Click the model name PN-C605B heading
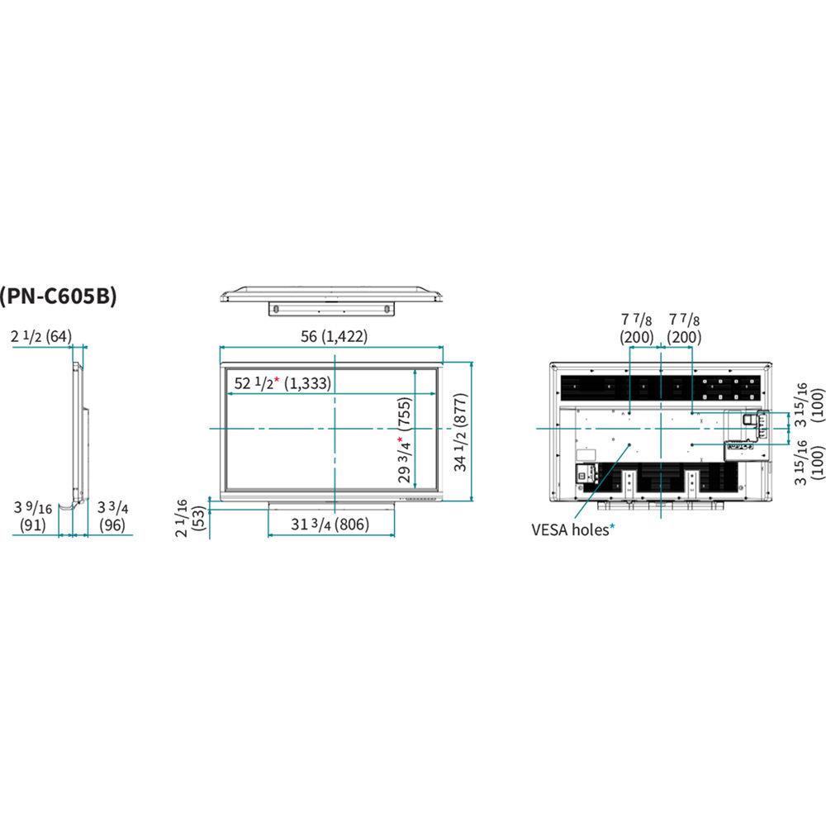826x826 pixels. [x=59, y=296]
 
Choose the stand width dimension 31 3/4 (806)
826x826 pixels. [x=331, y=524]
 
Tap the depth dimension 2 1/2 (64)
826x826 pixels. [x=42, y=336]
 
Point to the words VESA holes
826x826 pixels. [x=569, y=529]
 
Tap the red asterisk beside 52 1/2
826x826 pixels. [x=278, y=380]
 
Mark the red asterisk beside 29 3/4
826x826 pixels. [x=400, y=419]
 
